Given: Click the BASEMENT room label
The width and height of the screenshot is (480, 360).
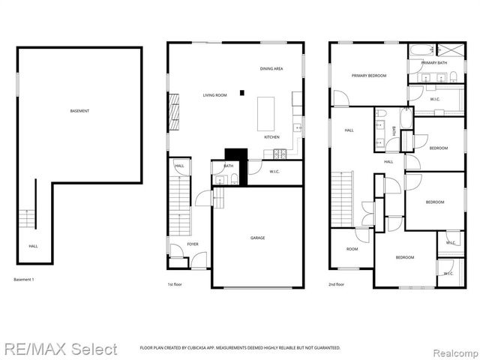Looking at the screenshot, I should click(80, 111).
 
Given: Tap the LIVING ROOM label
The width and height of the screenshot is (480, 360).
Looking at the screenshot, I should click(214, 95).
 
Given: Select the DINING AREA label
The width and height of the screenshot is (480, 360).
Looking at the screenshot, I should click(271, 69).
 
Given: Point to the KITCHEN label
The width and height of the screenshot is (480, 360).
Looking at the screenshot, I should click(271, 137).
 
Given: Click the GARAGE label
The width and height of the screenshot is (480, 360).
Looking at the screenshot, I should click(257, 238).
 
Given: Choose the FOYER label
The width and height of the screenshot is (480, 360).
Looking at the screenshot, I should click(193, 244).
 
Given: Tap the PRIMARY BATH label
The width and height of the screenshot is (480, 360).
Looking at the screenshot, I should click(434, 63).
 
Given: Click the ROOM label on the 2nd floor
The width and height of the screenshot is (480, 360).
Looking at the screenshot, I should click(352, 249).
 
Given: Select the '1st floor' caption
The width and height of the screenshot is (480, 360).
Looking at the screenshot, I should click(175, 284).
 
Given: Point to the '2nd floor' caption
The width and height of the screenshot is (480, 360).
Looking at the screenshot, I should click(336, 284).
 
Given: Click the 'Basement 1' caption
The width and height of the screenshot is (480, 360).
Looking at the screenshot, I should click(24, 280).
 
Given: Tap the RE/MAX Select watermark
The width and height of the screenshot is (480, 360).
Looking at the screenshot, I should click(60, 349).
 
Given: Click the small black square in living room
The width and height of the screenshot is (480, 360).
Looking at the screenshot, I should click(241, 93).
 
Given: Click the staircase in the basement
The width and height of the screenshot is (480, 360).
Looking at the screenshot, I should click(27, 216).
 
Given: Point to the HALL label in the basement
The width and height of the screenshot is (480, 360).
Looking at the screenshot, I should click(33, 246).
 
